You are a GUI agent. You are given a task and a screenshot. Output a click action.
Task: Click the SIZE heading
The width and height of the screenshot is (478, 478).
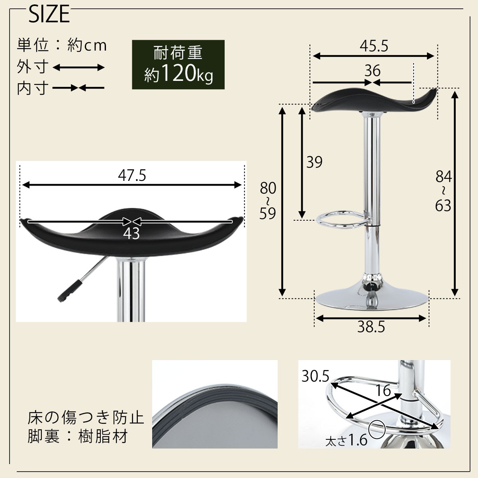(49, 15)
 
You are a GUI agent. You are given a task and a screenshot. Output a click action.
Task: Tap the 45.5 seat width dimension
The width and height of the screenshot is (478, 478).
(374, 46)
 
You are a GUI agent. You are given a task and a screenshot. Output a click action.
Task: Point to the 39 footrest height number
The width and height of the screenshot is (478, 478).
(314, 162)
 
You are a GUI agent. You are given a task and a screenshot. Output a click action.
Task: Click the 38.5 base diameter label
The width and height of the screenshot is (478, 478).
(371, 327)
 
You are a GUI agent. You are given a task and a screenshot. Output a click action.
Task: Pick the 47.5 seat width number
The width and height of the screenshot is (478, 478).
(132, 175)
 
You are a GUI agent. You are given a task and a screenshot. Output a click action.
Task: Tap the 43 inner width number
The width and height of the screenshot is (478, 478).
(131, 234)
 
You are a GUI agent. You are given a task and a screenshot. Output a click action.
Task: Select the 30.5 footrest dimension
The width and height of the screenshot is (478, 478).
(315, 376)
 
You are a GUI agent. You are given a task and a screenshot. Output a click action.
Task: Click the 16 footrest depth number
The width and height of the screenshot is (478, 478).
(384, 391)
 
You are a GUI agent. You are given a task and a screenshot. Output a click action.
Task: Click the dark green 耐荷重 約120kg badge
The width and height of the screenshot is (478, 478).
(178, 64)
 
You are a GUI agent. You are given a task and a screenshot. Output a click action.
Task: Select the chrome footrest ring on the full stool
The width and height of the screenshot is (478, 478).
(341, 221)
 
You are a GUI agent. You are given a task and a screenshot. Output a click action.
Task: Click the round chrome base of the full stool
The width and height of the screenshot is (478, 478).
(371, 299)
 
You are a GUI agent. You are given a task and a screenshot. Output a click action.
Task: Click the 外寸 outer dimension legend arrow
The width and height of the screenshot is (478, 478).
(78, 67)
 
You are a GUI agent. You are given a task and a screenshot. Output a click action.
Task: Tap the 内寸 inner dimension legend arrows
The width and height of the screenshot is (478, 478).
(78, 88)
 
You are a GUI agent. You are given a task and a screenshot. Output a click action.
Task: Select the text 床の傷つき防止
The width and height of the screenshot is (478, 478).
(86, 418)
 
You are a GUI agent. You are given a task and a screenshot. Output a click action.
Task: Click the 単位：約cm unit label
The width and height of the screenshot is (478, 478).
(62, 45)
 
